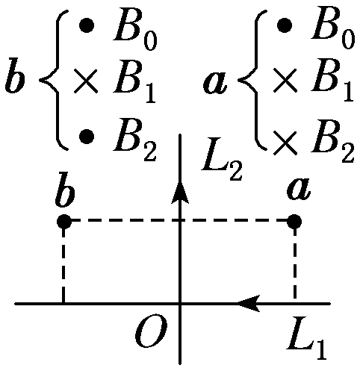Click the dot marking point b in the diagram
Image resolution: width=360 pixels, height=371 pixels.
(x=64, y=221)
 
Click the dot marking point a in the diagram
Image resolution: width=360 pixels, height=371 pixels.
(x=294, y=221)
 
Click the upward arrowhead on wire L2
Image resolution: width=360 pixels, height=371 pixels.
(x=180, y=193)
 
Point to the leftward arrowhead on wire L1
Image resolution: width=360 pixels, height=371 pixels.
(x=249, y=303)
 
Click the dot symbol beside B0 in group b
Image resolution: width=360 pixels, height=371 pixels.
(x=87, y=25)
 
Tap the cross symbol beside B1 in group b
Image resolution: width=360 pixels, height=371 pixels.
(x=85, y=81)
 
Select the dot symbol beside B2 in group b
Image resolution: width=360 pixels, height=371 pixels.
(x=87, y=137)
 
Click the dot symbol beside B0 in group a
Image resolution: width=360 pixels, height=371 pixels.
(x=285, y=25)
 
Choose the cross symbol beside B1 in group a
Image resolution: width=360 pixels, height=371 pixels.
(x=285, y=81)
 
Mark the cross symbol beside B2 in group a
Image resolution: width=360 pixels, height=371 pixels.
(x=285, y=143)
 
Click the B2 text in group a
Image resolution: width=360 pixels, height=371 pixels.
(x=332, y=140)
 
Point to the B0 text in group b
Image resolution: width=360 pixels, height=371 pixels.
(x=135, y=29)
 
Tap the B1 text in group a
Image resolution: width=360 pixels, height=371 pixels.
(x=332, y=80)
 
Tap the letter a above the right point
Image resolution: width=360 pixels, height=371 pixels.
(x=299, y=189)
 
